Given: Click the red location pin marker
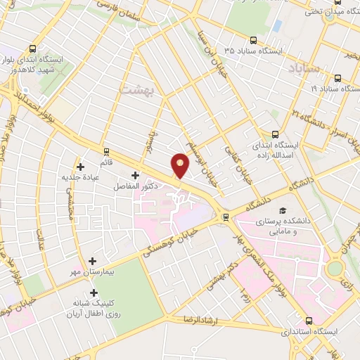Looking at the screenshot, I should pos(181,166).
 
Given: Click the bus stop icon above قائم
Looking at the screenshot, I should pos(106,150).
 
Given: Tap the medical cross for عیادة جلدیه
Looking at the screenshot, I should pos(81,167).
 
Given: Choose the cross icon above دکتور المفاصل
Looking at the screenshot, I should pos(135,174).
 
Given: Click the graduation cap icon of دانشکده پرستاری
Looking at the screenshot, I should pos(283,210).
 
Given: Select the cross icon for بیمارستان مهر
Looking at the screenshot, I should pos(92,260).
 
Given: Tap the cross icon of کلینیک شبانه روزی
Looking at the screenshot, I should pos(94,292).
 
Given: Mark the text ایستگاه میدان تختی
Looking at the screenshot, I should pos(329,11).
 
